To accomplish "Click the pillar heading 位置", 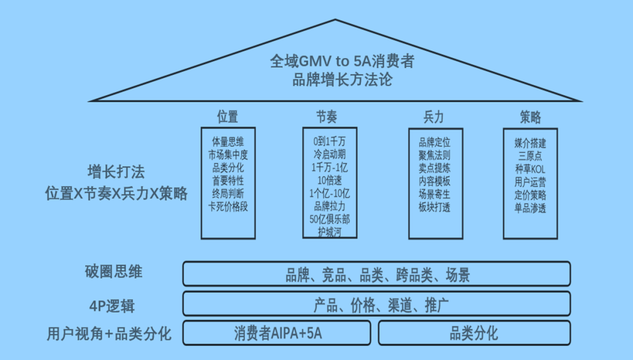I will coord(227,117).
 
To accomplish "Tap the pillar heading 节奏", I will coord(326,117).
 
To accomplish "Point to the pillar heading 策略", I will coord(530,117).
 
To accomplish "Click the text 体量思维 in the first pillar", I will coord(228,142).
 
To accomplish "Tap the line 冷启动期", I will coord(329,155).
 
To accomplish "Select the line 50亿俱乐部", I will coord(329,219).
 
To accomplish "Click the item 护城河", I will coord(329,232).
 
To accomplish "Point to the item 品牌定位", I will coord(435,142).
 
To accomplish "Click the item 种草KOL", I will coord(530,168).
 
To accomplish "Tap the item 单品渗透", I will coord(530,208).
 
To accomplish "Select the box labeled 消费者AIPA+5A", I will coord(277,334).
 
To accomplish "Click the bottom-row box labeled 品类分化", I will coord(474,334).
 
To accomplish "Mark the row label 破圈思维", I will coord(113,272).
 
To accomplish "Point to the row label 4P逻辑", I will coord(113,305).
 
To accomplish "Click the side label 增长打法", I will coord(116,172).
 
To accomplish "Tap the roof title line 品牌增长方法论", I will coord(342,80).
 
